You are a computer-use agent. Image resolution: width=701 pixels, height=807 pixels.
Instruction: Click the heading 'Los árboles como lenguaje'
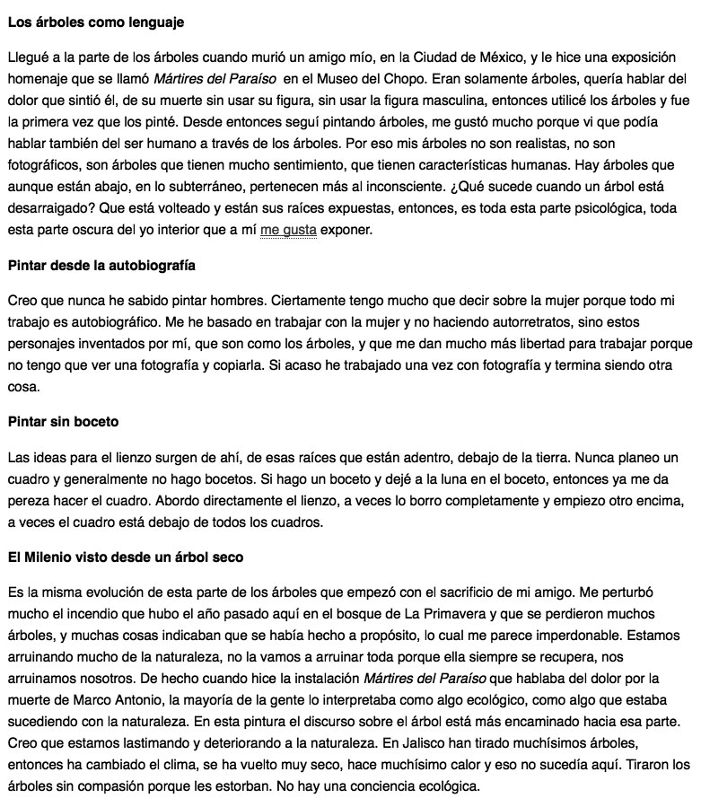[x=96, y=20]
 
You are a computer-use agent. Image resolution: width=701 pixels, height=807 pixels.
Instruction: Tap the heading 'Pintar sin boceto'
[x=63, y=421]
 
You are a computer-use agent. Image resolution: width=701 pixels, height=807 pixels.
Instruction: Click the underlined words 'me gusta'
[x=288, y=231]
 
